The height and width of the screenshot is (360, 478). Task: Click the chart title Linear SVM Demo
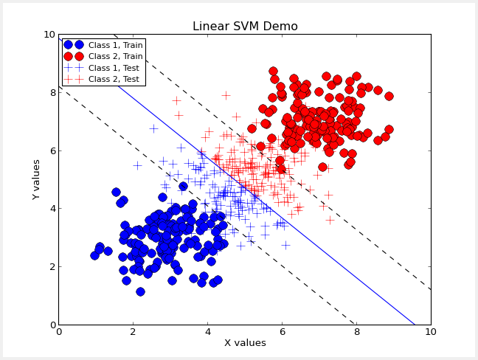245,27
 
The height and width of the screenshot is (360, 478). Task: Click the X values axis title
245,343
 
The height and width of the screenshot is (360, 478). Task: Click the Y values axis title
36,179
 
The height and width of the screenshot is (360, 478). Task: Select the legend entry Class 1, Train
115,45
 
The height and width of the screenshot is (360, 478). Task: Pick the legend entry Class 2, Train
115,56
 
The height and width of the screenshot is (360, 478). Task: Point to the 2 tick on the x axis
134,332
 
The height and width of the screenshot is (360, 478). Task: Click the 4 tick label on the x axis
207,332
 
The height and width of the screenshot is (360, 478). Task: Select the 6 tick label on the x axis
282,332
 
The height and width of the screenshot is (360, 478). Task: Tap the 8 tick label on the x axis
356,332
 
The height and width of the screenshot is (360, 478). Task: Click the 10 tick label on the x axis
431,332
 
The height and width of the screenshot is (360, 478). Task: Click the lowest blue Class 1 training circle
140,291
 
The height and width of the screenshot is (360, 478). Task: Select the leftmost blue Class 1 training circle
94,255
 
